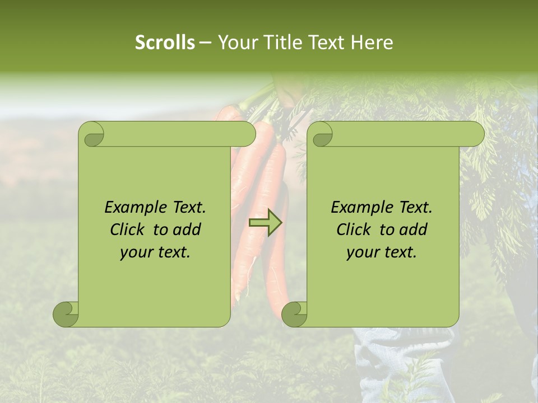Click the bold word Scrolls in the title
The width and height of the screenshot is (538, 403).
(165, 43)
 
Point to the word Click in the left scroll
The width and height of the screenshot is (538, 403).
(128, 229)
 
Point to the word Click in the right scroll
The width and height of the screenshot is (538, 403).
(354, 229)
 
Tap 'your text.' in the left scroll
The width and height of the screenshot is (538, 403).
(155, 252)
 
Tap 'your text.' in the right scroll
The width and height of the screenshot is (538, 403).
(381, 252)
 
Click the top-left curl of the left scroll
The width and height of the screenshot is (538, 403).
(92, 134)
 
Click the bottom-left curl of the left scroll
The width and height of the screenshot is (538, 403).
(66, 314)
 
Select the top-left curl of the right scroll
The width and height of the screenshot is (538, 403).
(321, 134)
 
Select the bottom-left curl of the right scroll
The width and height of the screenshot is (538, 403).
(294, 314)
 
